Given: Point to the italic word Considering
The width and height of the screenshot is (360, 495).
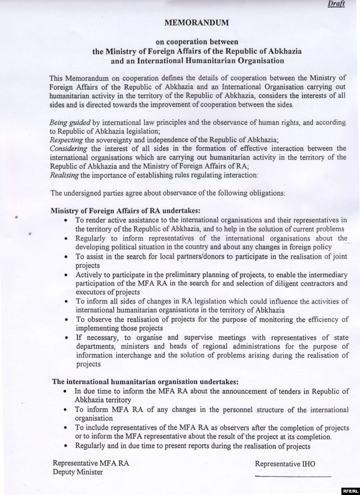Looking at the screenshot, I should (68, 149).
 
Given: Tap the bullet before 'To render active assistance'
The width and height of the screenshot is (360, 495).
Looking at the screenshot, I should (66, 220).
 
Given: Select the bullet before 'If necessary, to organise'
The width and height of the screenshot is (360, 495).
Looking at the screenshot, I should (66, 337).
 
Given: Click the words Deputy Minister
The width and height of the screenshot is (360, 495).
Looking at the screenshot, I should (77, 472).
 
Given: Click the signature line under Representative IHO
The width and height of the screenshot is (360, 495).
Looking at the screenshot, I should (293, 476).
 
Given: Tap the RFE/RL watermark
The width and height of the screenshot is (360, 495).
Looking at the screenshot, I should (349, 490).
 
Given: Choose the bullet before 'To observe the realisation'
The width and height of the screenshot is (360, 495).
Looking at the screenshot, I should (66, 319).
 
